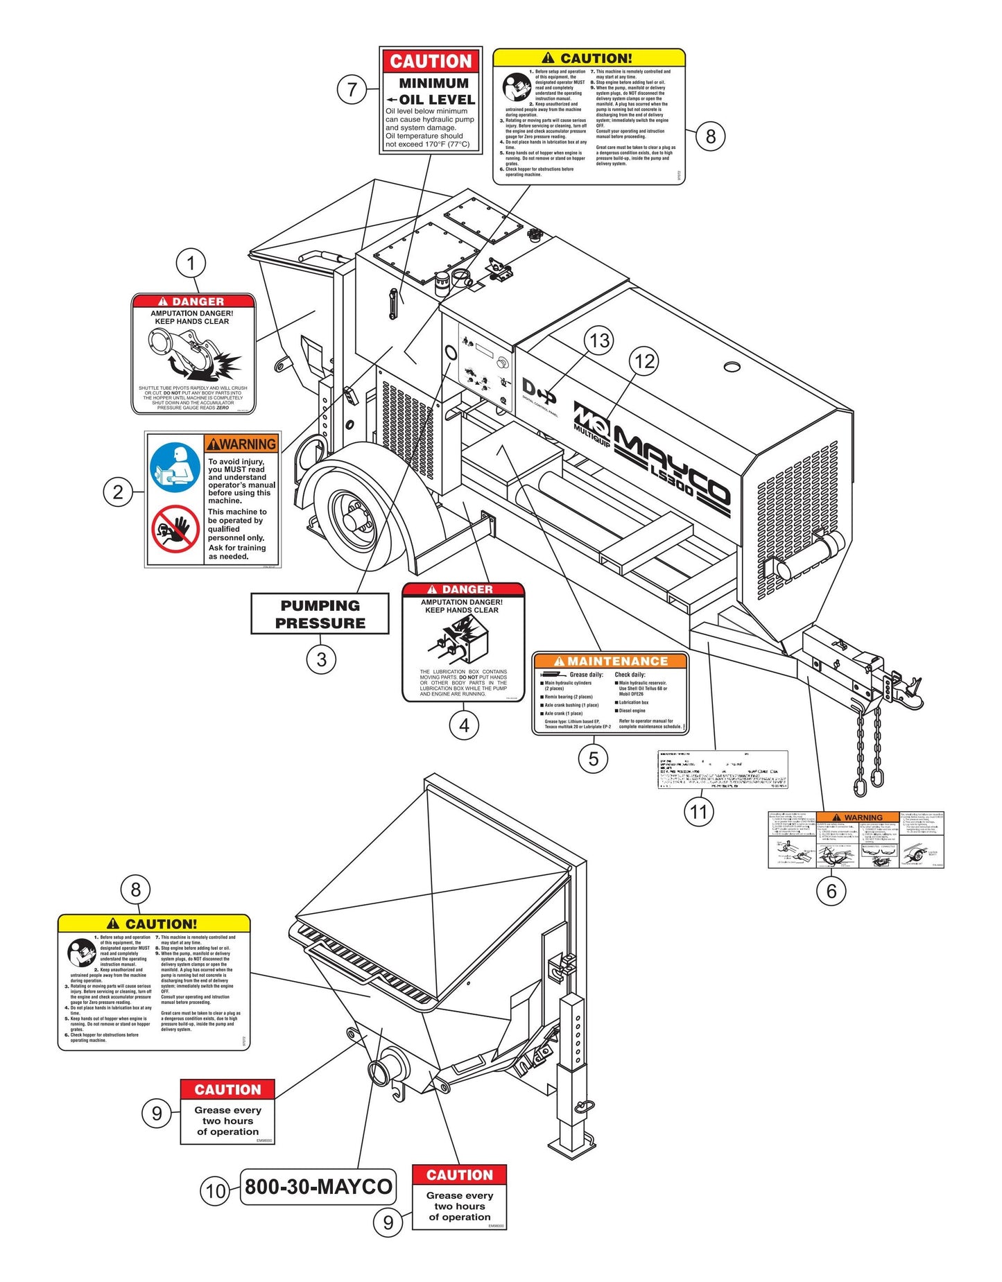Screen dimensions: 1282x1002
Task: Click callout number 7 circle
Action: [x=352, y=89]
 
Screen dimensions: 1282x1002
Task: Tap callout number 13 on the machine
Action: [x=598, y=340]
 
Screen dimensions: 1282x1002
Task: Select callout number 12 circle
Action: [x=644, y=361]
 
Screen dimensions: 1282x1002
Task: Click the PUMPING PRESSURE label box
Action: [x=320, y=614]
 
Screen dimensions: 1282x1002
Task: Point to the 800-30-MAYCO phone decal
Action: [x=318, y=1186]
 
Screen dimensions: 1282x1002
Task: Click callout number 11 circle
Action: [x=698, y=811]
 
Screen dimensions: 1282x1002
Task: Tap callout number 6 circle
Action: [x=831, y=890]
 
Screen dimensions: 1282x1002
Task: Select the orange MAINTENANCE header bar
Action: [x=610, y=661]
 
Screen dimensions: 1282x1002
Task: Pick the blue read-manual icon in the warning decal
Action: [x=175, y=467]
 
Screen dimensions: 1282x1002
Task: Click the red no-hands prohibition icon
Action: [x=175, y=528]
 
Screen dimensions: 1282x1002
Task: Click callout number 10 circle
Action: [x=216, y=1191]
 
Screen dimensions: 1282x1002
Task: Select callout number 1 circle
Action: [x=191, y=263]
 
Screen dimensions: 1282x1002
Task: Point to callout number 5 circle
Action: [x=594, y=759]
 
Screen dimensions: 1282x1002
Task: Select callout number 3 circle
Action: [x=321, y=659]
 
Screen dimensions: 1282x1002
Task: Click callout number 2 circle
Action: [x=118, y=492]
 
